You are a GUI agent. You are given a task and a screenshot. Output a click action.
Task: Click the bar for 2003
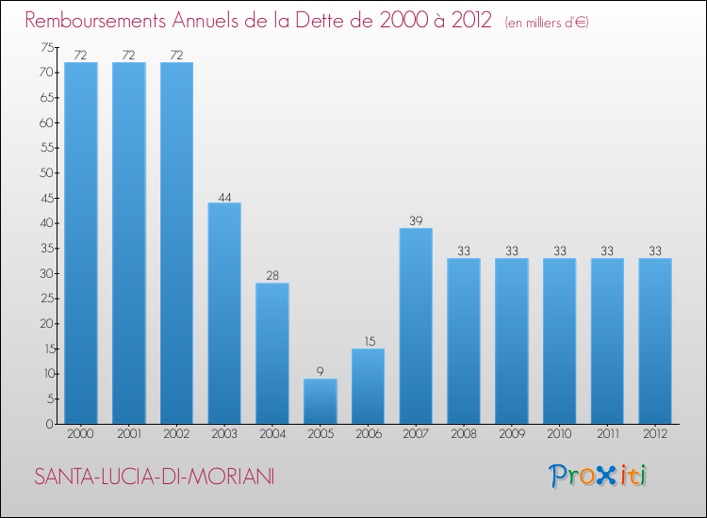point(224,313)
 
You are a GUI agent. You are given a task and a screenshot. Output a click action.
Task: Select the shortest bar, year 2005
point(321,401)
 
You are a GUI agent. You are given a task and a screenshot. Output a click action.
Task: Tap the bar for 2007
point(416,326)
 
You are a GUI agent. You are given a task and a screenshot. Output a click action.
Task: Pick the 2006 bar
point(369,386)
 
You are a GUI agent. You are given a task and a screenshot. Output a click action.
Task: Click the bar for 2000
point(81,243)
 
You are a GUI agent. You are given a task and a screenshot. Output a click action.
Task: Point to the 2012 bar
point(655,341)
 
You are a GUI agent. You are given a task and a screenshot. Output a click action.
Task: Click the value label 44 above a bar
point(224,196)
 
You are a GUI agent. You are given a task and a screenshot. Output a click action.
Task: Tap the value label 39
point(416,221)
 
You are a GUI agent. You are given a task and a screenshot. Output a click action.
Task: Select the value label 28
point(272,276)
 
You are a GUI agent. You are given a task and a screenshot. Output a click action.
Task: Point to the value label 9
point(321,372)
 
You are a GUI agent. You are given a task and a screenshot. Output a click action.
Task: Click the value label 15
point(369,342)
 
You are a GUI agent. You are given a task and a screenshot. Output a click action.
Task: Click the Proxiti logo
point(599,476)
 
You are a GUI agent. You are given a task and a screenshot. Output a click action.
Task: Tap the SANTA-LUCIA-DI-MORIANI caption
point(155,478)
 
